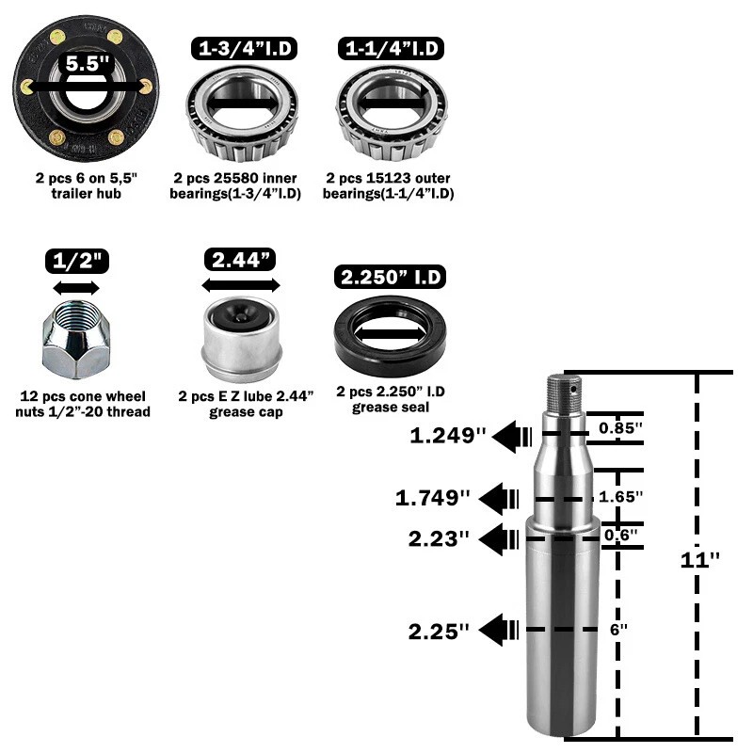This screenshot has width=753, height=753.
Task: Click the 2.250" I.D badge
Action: pyautogui.click(x=390, y=277)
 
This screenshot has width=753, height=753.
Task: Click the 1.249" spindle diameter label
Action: pyautogui.click(x=448, y=436)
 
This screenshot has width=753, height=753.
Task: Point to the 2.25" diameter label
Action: pyautogui.click(x=439, y=631)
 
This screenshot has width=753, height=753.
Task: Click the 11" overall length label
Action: pyautogui.click(x=699, y=559)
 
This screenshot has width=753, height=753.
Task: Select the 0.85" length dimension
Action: pyautogui.click(x=620, y=428)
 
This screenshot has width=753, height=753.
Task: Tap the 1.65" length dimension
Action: pyautogui.click(x=620, y=496)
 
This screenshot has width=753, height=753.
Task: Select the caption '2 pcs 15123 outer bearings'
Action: pyautogui.click(x=388, y=185)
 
